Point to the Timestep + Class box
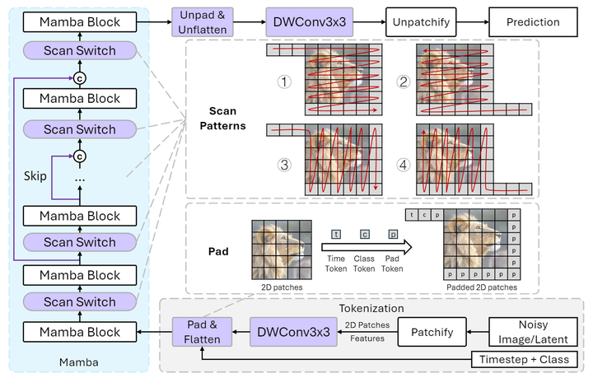[532, 360]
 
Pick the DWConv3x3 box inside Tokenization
[295, 332]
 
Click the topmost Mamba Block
[80, 21]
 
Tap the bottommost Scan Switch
[80, 302]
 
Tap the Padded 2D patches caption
[483, 287]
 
